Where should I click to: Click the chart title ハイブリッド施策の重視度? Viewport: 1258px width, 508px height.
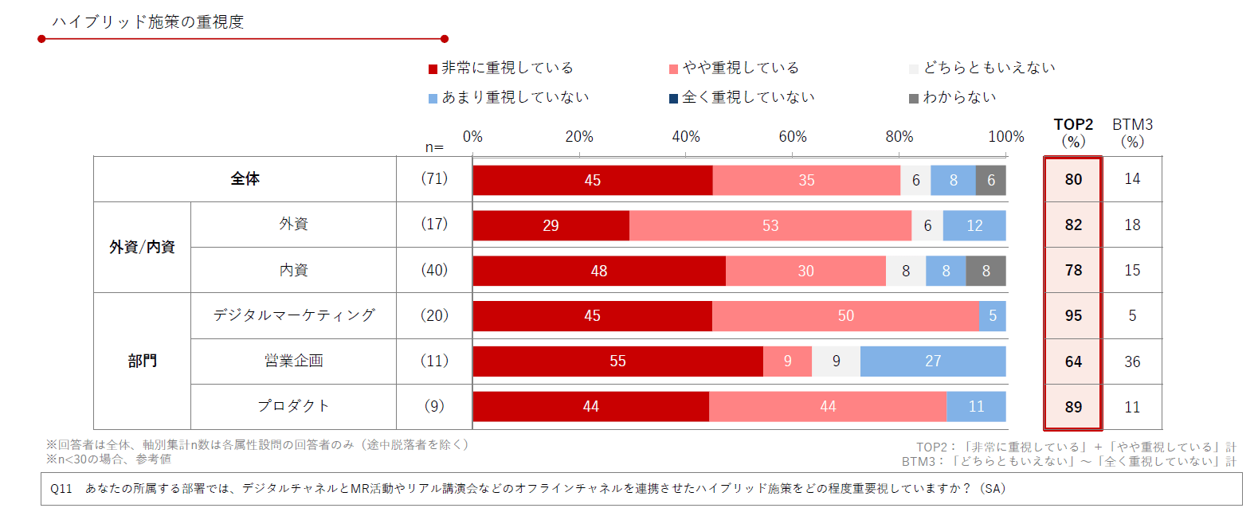pyautogui.click(x=148, y=22)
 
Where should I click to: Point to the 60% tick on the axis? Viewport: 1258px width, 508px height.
pyautogui.click(x=792, y=137)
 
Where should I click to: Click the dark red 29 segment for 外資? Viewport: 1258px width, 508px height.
pyautogui.click(x=551, y=225)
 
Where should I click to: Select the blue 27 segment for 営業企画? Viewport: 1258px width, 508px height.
pyautogui.click(x=933, y=361)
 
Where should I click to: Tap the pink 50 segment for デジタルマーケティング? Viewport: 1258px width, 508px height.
pyautogui.click(x=845, y=316)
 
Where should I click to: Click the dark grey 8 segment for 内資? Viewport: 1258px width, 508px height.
pyautogui.click(x=986, y=271)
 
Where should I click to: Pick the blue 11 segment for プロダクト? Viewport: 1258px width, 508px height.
pyautogui.click(x=976, y=407)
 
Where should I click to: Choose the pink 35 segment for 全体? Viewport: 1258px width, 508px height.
pyautogui.click(x=806, y=181)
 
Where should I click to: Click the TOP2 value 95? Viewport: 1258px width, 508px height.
pyautogui.click(x=1073, y=316)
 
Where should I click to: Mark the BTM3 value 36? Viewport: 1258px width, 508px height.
pyautogui.click(x=1132, y=361)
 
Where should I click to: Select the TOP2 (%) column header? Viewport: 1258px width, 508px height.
pyautogui.click(x=1073, y=133)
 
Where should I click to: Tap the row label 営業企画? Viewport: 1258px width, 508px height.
pyautogui.click(x=293, y=361)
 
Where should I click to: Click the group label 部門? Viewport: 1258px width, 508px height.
pyautogui.click(x=142, y=361)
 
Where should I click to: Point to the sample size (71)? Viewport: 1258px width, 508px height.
pyautogui.click(x=434, y=179)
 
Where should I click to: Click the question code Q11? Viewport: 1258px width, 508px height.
pyautogui.click(x=61, y=489)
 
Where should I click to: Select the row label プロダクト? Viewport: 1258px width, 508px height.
pyautogui.click(x=293, y=406)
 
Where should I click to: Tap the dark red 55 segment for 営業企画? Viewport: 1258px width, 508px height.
pyautogui.click(x=617, y=361)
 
